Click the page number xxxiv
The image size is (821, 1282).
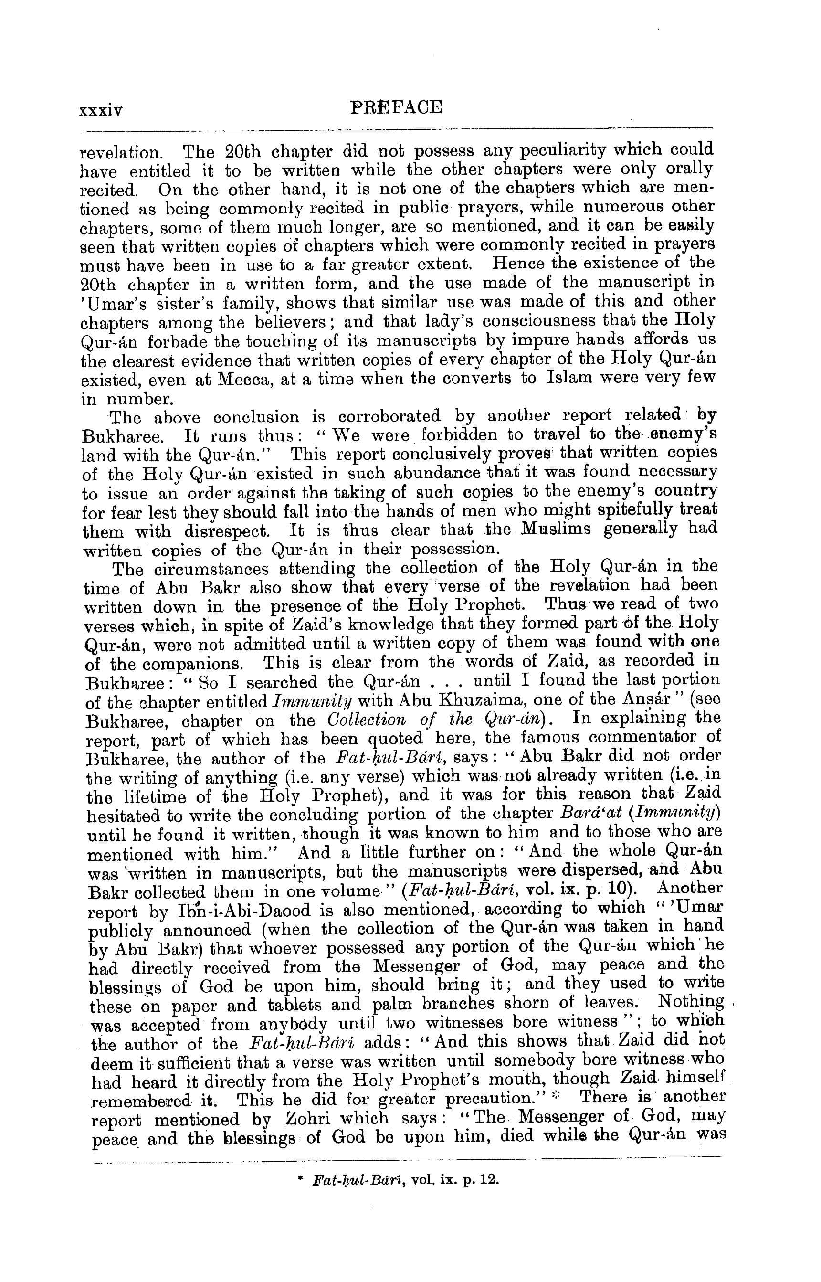click(100, 110)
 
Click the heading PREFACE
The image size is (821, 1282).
click(397, 108)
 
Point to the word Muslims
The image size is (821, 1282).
click(555, 529)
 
